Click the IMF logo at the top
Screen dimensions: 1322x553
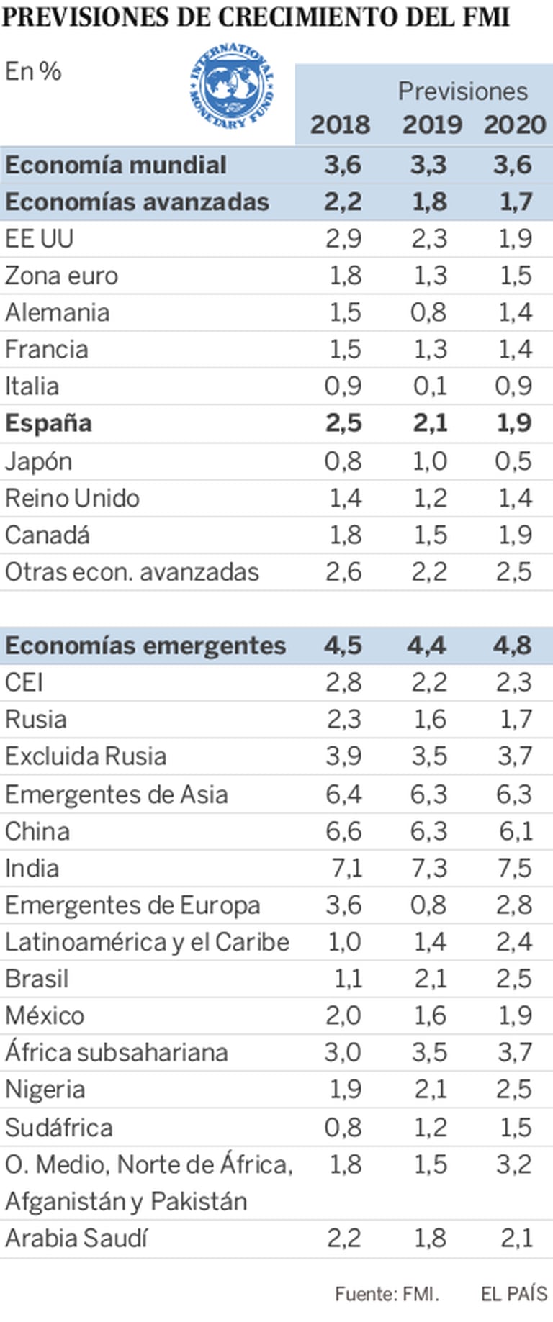coord(232,87)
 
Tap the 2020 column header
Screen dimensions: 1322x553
coord(515,124)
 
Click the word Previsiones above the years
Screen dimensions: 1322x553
coord(463,91)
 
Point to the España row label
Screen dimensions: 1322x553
coord(48,423)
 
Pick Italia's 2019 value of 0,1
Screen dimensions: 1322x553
coord(430,386)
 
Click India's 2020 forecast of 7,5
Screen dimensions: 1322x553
coord(514,868)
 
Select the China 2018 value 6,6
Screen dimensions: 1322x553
coord(343,831)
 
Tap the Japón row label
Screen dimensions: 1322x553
coord(38,461)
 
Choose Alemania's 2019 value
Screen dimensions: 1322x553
coord(429,312)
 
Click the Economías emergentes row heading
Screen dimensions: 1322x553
coord(145,646)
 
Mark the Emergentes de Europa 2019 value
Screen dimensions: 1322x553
coord(429,905)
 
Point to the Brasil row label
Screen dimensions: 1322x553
coord(37,979)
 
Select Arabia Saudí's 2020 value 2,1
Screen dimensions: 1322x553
coord(516,1238)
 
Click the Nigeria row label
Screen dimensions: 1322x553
coord(45,1090)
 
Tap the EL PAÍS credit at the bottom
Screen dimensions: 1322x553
coord(514,1293)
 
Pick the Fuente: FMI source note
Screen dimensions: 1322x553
coord(387,1293)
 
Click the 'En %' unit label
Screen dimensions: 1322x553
coord(33,71)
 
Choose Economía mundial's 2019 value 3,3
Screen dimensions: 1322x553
coord(428,165)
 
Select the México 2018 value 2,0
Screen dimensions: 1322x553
coord(343,1015)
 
